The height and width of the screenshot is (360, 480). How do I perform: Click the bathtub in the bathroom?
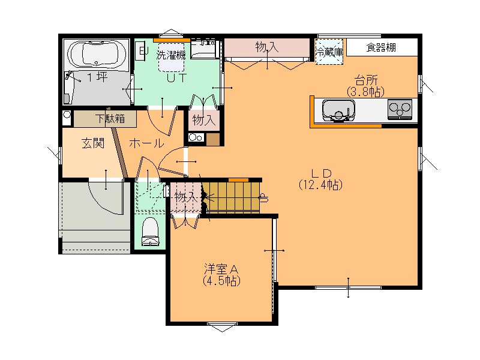(96, 54)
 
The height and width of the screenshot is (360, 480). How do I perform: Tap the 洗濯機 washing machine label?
(171, 55)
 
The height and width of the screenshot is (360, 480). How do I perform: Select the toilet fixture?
(151, 232)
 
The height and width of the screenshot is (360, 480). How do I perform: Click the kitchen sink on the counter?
(338, 110)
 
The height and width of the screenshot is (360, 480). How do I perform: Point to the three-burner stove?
(400, 109)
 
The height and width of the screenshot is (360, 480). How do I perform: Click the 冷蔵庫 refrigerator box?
(329, 52)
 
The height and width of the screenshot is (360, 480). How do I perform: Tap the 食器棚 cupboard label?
(381, 48)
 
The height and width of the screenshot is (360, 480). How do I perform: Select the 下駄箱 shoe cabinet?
(105, 119)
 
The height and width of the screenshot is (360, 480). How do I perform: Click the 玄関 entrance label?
(93, 143)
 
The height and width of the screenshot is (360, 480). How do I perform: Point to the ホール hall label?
(146, 143)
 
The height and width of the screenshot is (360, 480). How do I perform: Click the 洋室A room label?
(221, 269)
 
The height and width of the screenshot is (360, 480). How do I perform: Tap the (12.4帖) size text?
(320, 185)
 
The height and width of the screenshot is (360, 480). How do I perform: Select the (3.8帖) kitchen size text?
(365, 92)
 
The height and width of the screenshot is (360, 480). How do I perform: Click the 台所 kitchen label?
(366, 80)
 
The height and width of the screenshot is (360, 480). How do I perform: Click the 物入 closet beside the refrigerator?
(267, 48)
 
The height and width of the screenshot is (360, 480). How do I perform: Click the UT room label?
(176, 78)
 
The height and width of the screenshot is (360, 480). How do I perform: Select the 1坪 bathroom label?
(98, 77)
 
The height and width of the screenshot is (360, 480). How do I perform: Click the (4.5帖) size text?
(221, 281)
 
